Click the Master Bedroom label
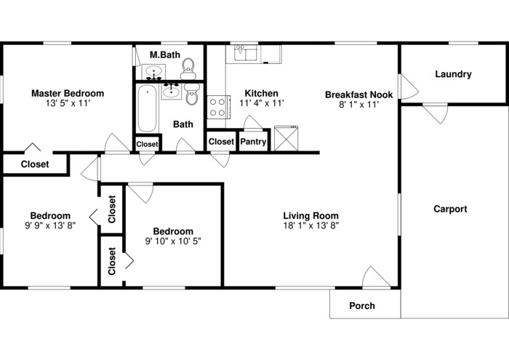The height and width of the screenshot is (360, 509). click(x=67, y=93)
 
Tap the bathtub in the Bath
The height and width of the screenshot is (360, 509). click(x=147, y=108)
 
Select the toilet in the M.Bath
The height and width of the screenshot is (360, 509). click(x=188, y=67)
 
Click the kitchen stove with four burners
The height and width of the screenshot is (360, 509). click(x=217, y=108)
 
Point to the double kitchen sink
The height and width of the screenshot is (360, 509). click(x=247, y=53)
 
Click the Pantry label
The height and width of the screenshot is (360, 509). click(x=253, y=142)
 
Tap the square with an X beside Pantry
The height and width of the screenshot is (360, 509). click(x=286, y=137)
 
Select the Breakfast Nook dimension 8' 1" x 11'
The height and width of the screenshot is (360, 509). click(x=358, y=105)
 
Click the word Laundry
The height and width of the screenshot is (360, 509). click(x=453, y=74)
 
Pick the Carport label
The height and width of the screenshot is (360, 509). click(x=450, y=209)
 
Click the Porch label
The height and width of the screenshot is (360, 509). click(x=362, y=305)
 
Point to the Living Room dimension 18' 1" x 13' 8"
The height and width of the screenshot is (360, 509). click(x=310, y=225)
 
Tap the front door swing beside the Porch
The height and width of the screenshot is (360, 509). click(x=372, y=277)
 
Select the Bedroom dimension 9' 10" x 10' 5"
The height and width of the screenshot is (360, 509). click(x=173, y=241)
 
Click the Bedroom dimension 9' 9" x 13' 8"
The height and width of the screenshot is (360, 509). click(x=50, y=225)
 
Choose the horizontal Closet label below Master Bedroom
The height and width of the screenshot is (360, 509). click(x=35, y=164)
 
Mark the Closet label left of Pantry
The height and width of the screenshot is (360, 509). click(x=221, y=142)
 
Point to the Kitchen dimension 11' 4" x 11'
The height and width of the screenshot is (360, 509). click(x=261, y=103)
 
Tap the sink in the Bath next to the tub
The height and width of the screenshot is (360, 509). click(x=172, y=90)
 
